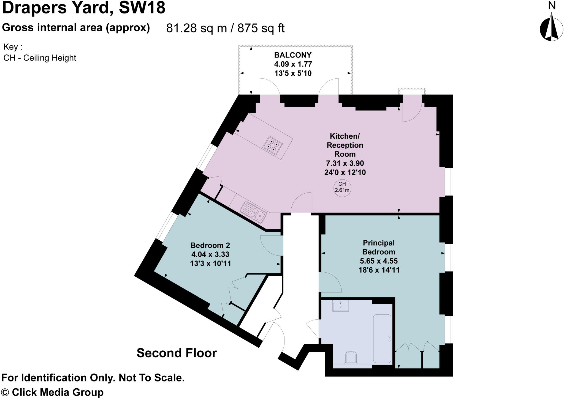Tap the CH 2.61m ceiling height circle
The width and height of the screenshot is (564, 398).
(342, 187)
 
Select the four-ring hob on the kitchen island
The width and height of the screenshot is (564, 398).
(273, 146)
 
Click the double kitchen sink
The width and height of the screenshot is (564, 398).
(253, 212)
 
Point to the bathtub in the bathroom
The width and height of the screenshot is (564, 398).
(382, 338)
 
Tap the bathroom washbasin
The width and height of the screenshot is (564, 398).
(341, 306)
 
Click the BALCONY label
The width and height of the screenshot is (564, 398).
(293, 55)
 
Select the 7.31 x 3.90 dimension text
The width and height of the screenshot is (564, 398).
(345, 163)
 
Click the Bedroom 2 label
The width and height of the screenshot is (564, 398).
(210, 245)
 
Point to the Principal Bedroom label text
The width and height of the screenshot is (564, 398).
(379, 247)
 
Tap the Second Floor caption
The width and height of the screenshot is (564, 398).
(177, 353)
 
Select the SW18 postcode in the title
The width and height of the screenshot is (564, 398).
(142, 8)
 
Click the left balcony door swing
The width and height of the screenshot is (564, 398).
(270, 86)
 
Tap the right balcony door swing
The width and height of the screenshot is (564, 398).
(329, 86)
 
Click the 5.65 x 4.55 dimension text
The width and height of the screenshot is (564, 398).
(379, 261)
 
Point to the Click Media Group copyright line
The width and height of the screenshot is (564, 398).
(52, 392)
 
